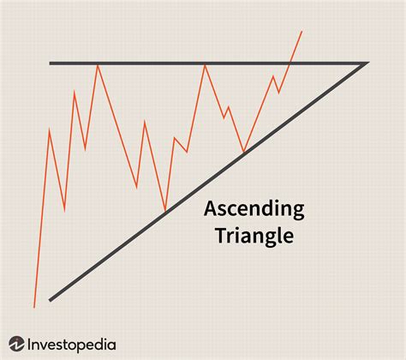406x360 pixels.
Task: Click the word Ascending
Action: (x=253, y=209)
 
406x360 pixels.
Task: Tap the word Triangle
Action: (x=253, y=235)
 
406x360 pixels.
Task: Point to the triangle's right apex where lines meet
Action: (x=367, y=63)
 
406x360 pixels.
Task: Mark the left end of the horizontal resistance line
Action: (x=51, y=63)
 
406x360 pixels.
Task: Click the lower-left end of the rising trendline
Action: (x=51, y=300)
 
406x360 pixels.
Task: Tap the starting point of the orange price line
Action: (x=34, y=306)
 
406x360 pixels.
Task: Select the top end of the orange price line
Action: (x=302, y=32)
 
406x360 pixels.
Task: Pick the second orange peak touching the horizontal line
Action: (x=205, y=64)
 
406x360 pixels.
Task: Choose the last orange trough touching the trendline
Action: (x=244, y=153)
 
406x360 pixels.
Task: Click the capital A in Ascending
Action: (x=209, y=208)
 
